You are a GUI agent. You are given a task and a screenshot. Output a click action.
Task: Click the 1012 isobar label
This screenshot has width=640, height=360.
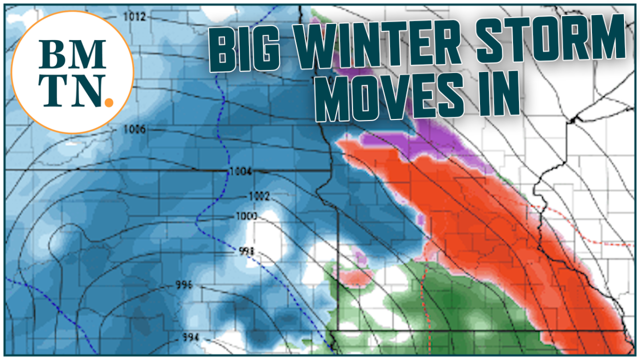coord(134,17)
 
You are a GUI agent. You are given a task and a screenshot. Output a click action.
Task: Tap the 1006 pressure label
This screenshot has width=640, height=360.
coord(134,129)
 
